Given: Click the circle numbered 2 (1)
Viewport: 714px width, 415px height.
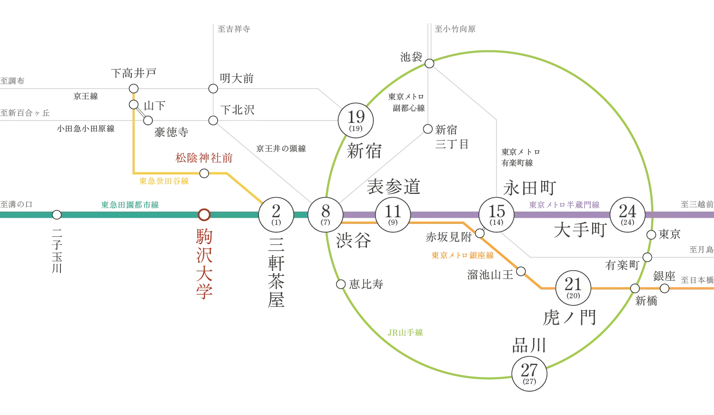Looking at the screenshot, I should click(276, 214).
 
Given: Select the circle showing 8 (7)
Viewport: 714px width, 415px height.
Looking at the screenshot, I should click(326, 214).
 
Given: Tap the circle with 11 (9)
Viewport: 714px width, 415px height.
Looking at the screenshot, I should click(393, 214).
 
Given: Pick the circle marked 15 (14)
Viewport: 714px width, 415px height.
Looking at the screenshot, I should click(496, 214).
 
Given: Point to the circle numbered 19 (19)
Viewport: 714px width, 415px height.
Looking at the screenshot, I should click(356, 120).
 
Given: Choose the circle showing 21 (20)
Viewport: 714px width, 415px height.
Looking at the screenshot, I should click(573, 288).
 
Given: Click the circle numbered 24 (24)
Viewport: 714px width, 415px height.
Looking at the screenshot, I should click(627, 214).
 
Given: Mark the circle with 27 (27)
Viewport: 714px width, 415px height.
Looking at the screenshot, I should click(529, 373).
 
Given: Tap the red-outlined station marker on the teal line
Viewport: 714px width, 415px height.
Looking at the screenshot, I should click(204, 215).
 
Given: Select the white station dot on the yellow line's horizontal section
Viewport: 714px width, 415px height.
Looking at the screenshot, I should click(204, 173).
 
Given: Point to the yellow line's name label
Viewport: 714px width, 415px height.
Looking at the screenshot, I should click(163, 182).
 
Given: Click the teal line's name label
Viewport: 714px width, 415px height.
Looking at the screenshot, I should click(129, 205).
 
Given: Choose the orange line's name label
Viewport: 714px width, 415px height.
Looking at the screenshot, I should click(463, 255).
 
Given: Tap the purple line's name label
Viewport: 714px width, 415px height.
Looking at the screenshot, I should click(565, 205).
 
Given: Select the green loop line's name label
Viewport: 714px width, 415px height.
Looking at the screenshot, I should click(405, 334).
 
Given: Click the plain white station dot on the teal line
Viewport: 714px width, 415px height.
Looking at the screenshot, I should click(57, 215).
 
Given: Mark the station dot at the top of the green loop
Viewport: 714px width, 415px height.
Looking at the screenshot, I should click(429, 63).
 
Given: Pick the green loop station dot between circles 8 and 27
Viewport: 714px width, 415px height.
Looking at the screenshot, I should click(341, 284).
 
